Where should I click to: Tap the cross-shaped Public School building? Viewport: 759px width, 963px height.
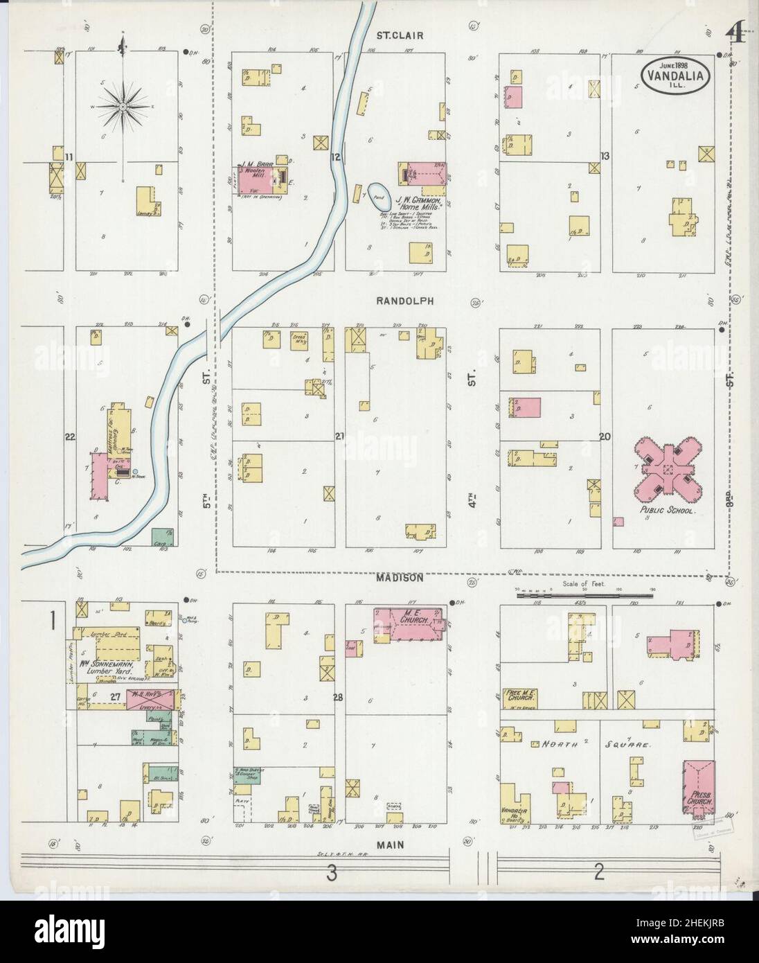(x=668, y=470)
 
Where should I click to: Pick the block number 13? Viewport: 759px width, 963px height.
(x=605, y=157)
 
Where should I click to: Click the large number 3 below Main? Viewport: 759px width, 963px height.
(x=332, y=874)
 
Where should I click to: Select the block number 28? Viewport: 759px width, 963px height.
(x=338, y=697)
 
